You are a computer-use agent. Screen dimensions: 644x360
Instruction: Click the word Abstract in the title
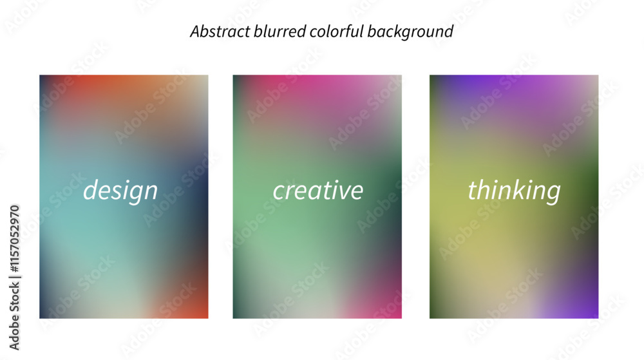220,32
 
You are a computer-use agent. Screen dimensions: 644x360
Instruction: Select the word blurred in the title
279,32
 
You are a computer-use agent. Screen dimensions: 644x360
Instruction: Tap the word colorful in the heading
336,32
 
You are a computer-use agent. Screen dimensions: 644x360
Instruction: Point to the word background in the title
410,32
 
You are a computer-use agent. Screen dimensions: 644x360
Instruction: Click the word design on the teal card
120,191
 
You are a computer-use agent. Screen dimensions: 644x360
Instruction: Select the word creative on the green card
318,190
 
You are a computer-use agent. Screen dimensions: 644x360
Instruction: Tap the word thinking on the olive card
514,191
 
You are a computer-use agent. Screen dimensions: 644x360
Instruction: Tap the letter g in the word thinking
553,193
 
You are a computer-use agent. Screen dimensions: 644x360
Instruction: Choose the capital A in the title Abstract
196,32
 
